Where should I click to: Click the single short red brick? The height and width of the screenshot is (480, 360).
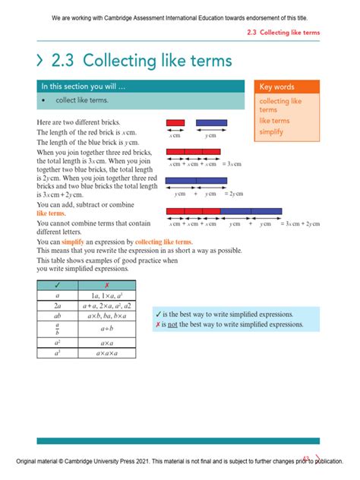click(175, 122)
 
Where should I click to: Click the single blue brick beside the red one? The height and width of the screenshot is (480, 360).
click(210, 122)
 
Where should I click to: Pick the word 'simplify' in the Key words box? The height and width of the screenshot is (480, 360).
click(270, 131)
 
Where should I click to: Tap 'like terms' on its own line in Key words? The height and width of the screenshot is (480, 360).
click(274, 120)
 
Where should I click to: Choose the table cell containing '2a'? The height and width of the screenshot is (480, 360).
click(56, 306)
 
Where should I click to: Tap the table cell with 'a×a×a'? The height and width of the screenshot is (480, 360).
click(106, 353)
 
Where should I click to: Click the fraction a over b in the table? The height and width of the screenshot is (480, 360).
click(56, 330)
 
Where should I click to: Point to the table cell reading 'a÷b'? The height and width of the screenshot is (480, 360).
click(106, 330)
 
